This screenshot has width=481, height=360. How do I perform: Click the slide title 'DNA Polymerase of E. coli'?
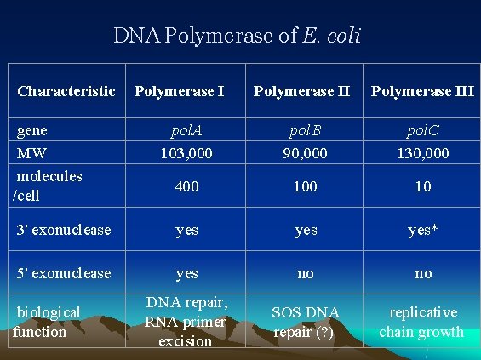click(238, 36)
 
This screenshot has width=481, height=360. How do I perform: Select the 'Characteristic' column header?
click(66, 90)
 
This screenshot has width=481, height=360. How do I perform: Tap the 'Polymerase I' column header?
click(180, 90)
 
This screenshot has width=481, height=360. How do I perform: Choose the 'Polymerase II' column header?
click(302, 90)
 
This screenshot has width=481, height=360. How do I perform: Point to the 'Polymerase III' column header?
click(423, 90)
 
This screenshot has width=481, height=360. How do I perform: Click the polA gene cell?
click(186, 131)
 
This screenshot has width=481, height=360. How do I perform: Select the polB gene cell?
click(305, 131)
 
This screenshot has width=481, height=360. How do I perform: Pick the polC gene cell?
click(423, 131)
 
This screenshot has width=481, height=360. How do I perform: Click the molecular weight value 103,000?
click(186, 153)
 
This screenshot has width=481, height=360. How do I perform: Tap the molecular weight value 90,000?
click(305, 153)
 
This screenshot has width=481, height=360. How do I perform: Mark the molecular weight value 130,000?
click(423, 153)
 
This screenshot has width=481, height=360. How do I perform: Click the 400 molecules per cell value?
click(186, 186)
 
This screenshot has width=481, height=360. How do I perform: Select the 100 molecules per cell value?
click(305, 186)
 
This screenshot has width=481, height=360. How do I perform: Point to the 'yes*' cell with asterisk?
click(423, 230)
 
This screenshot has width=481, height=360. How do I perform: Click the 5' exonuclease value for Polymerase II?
click(305, 273)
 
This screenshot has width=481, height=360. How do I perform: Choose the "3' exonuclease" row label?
click(63, 230)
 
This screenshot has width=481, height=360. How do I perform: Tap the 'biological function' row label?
click(48, 322)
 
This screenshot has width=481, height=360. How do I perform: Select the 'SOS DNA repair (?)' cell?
click(305, 322)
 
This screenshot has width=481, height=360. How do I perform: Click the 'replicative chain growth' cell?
click(421, 322)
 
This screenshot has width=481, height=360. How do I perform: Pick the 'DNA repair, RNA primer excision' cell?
click(186, 322)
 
